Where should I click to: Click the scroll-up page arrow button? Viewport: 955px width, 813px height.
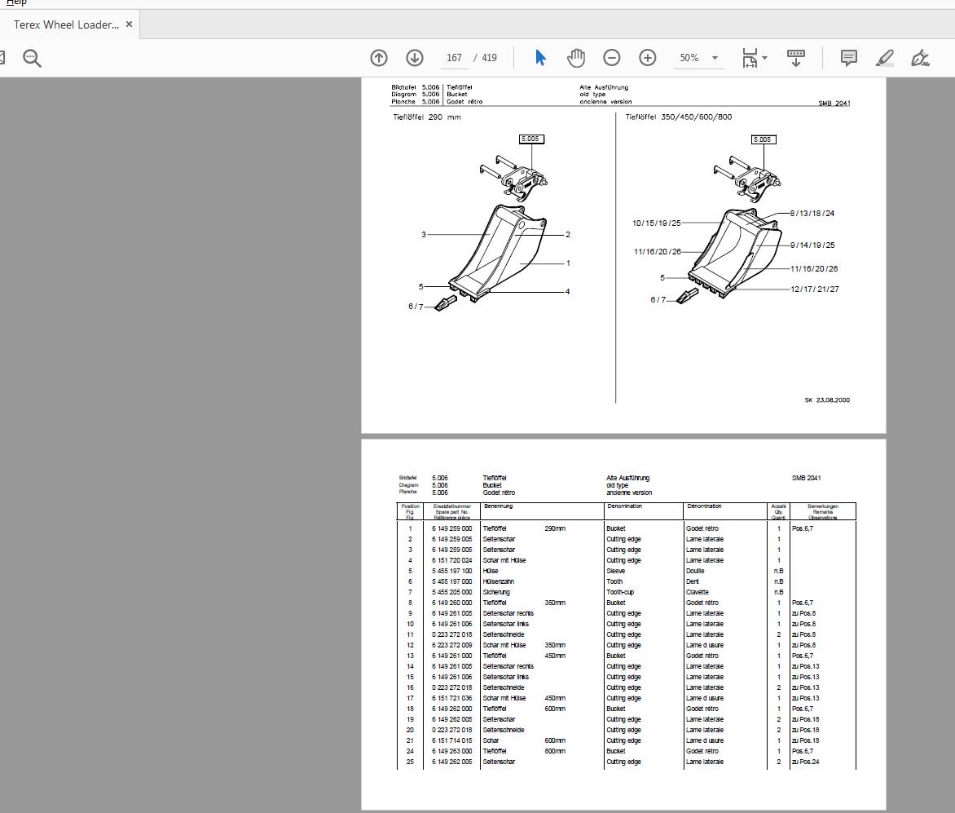pyautogui.click(x=378, y=58)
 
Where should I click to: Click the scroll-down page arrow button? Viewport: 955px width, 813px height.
pyautogui.click(x=414, y=58)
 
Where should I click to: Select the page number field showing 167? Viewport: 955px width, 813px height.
pyautogui.click(x=454, y=58)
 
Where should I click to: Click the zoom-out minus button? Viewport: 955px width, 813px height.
pyautogui.click(x=611, y=58)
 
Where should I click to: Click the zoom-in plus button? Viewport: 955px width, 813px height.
pyautogui.click(x=647, y=58)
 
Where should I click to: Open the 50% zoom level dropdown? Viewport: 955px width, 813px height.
pyautogui.click(x=715, y=58)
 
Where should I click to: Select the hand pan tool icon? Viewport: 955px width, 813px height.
pyautogui.click(x=576, y=58)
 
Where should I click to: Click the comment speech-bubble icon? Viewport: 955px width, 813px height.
pyautogui.click(x=848, y=58)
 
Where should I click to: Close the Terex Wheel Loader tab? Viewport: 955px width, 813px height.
pyautogui.click(x=129, y=24)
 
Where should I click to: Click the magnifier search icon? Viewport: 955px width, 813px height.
pyautogui.click(x=32, y=58)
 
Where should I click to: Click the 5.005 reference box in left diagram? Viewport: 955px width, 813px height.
pyautogui.click(x=530, y=139)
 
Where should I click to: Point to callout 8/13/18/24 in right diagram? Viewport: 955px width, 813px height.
pyautogui.click(x=812, y=214)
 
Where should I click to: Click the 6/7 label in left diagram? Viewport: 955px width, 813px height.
pyautogui.click(x=416, y=307)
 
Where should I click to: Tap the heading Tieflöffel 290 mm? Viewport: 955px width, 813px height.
pyautogui.click(x=426, y=117)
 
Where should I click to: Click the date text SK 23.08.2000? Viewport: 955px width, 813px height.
pyautogui.click(x=827, y=400)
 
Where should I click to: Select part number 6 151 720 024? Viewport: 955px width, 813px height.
pyautogui.click(x=451, y=560)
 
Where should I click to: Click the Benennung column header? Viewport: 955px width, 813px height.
pyautogui.click(x=498, y=506)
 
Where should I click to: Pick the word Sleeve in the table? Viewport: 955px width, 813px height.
pyautogui.click(x=615, y=571)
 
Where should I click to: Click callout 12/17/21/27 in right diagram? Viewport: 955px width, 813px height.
pyautogui.click(x=814, y=289)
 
